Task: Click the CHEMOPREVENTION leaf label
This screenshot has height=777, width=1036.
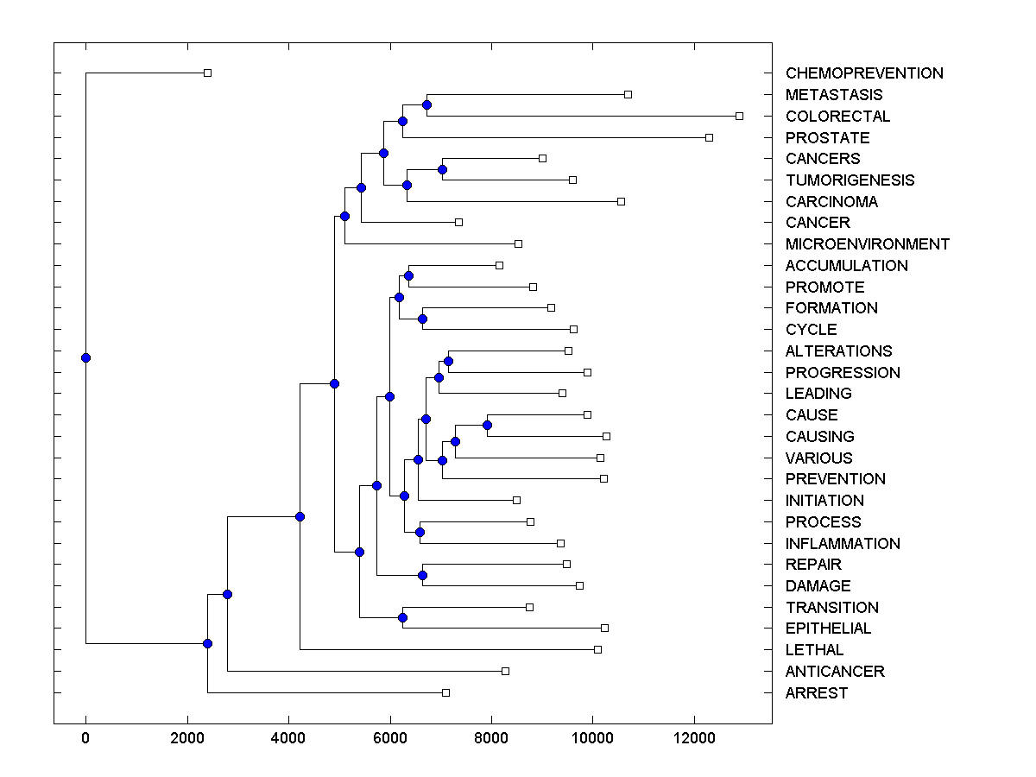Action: (864, 73)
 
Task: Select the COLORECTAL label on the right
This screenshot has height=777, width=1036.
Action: (837, 117)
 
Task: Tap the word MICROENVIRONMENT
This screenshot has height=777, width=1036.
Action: (867, 244)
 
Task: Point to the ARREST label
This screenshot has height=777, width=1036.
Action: (817, 693)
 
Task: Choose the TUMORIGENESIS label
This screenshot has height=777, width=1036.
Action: (850, 180)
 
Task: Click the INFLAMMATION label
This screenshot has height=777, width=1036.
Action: (843, 544)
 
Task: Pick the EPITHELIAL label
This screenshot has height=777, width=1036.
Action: (828, 629)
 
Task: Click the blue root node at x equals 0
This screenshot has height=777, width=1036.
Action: (85, 357)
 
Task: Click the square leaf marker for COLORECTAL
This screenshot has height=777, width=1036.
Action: (739, 116)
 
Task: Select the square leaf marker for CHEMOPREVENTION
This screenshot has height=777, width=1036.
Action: (207, 73)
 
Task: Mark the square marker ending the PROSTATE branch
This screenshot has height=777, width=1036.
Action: (710, 137)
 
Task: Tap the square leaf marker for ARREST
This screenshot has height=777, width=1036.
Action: (445, 692)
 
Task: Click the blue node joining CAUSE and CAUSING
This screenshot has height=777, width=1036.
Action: (487, 425)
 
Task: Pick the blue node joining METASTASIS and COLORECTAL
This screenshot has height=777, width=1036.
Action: (426, 104)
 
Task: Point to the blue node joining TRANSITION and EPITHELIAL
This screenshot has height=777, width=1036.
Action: (402, 617)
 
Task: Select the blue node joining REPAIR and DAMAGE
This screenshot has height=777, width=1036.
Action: (422, 575)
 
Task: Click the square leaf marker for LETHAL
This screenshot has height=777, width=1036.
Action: (597, 649)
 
